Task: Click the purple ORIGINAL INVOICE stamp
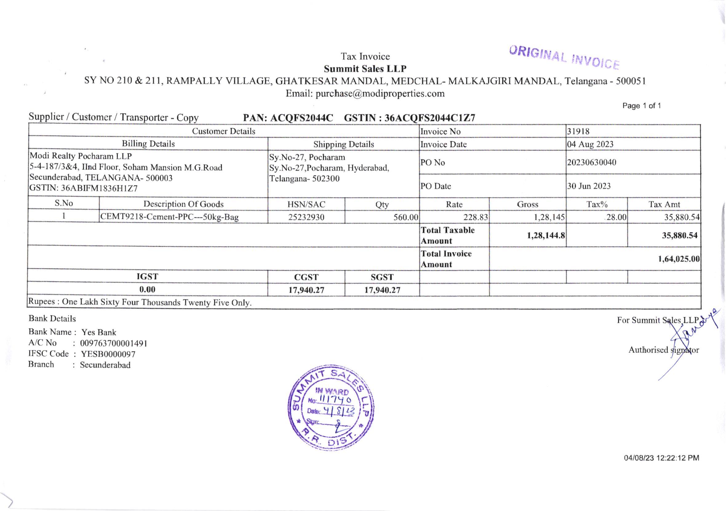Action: [x=564, y=58]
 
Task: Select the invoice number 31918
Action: [x=578, y=132]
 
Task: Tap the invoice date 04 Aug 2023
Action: [x=590, y=144]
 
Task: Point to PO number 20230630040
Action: [x=591, y=162]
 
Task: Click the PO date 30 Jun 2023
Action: [x=589, y=186]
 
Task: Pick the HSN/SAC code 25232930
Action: [x=306, y=217]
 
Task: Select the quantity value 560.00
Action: [x=406, y=217]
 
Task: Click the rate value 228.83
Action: [x=476, y=217]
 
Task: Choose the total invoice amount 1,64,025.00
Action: [x=679, y=259]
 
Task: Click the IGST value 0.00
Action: [x=147, y=289]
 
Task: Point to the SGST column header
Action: [x=382, y=277]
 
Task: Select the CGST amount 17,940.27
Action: [x=306, y=290]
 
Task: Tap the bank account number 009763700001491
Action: [x=114, y=343]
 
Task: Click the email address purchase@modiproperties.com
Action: [x=380, y=94]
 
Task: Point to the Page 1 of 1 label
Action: [x=641, y=106]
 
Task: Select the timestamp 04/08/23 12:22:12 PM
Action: [x=661, y=458]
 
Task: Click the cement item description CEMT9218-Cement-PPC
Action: [x=169, y=217]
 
